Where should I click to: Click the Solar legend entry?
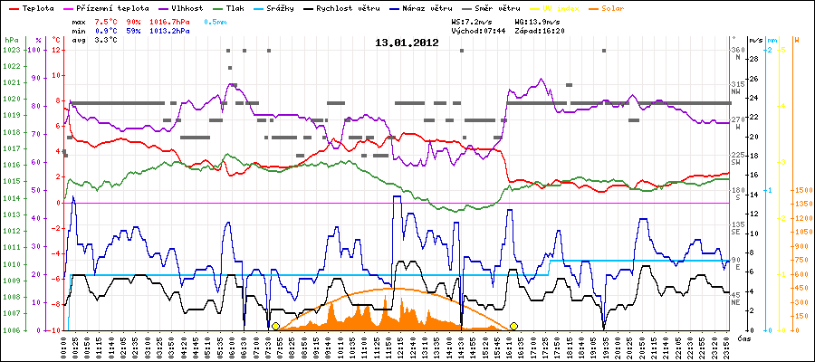click(x=626, y=8)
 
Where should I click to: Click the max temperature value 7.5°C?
click(x=108, y=21)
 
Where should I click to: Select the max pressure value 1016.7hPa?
click(x=176, y=21)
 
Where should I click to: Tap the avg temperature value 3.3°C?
click(x=108, y=41)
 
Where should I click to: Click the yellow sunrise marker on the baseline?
click(x=275, y=326)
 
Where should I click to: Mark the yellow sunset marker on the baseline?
click(x=513, y=326)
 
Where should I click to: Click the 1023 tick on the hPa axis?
click(x=11, y=51)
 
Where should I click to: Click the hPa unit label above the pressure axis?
click(x=11, y=41)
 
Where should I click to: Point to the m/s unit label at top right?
click(x=756, y=41)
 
